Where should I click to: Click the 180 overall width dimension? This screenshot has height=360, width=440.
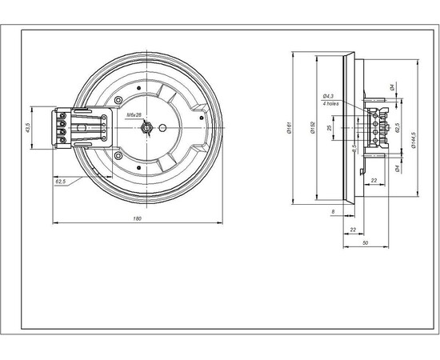[138, 218]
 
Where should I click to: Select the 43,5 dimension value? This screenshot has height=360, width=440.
[28, 128]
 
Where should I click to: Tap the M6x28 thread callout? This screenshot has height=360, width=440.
[134, 115]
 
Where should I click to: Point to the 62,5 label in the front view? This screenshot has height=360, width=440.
[61, 182]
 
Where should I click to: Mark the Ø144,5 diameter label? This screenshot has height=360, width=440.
[413, 128]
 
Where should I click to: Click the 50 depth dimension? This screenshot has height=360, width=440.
[365, 242]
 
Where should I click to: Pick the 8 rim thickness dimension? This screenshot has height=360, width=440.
[333, 211]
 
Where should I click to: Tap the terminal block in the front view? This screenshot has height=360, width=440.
[62, 127]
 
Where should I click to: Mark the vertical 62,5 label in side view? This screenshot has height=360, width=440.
[398, 128]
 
